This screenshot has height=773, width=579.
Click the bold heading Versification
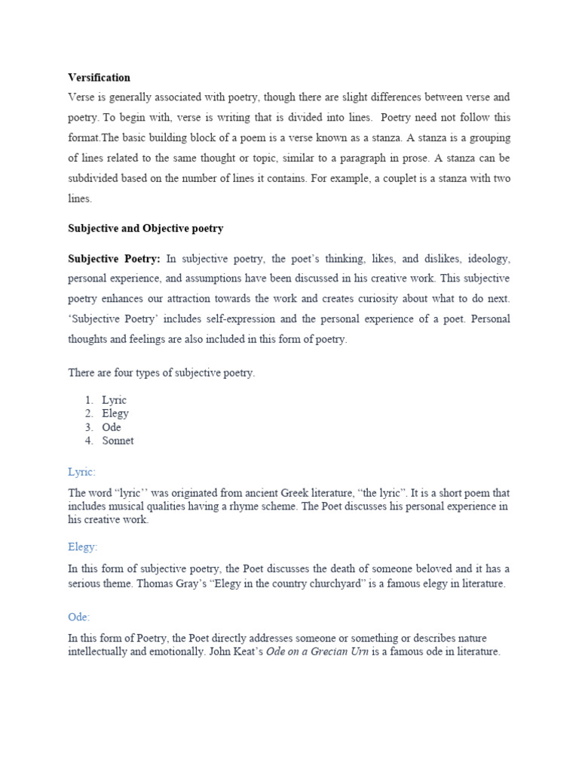tap(99, 78)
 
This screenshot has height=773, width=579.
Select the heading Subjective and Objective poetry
tap(146, 228)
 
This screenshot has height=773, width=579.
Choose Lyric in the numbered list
tap(115, 400)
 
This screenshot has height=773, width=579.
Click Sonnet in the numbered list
tap(118, 441)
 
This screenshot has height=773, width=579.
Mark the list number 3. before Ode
tap(89, 427)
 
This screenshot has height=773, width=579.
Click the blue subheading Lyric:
tap(81, 472)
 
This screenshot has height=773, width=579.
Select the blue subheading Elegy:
tap(83, 547)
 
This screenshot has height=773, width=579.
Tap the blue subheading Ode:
tap(79, 617)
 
